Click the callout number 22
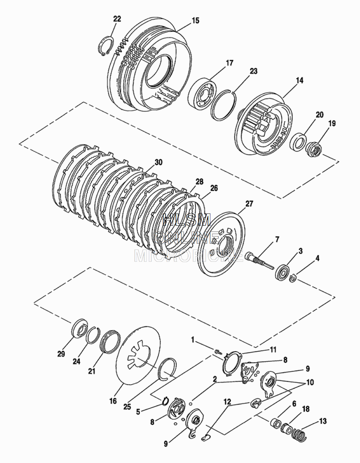click(x=117, y=19)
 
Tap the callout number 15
click(x=195, y=21)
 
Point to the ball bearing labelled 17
click(x=203, y=93)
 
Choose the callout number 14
click(x=299, y=80)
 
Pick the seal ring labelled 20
click(x=298, y=142)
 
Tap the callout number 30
click(x=158, y=162)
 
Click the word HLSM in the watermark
click(x=186, y=220)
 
